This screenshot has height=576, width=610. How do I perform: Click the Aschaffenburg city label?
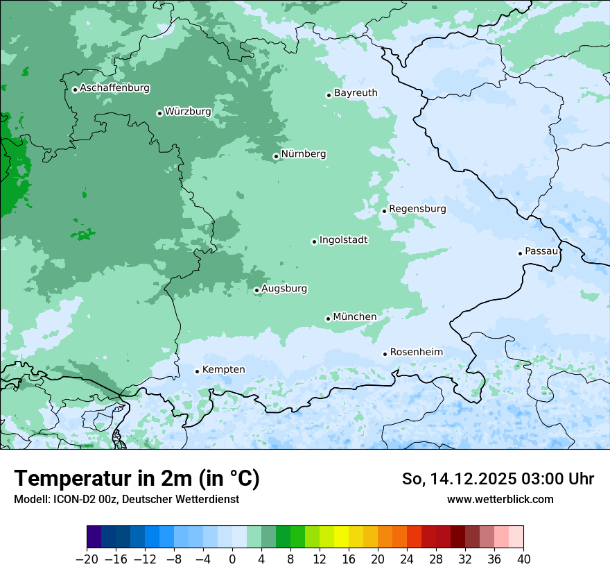point(114,88)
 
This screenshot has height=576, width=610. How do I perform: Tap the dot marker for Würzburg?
point(159,113)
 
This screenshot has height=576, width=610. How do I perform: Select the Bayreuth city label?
point(356,93)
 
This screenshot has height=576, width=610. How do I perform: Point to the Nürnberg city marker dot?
point(276,156)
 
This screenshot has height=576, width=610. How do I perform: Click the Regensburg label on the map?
point(417,209)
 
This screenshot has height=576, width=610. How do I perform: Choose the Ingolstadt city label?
point(343,240)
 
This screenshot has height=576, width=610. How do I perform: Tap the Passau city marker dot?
point(520,253)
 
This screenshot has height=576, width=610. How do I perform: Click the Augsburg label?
point(284,289)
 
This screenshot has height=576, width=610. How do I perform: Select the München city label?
point(355,317)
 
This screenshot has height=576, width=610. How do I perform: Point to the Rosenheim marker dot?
point(385,354)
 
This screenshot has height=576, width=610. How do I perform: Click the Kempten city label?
point(223,370)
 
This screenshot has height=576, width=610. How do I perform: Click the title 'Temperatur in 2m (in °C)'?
point(137,479)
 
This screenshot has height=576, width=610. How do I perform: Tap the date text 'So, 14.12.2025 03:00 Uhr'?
point(498,479)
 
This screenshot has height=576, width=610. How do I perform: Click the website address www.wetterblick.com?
point(500,500)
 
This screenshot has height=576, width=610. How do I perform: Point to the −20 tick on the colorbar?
point(87,559)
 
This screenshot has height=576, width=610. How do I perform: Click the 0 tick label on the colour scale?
point(232,559)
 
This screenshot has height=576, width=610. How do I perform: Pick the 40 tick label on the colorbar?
point(523,559)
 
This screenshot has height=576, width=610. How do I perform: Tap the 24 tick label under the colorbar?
point(407,559)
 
